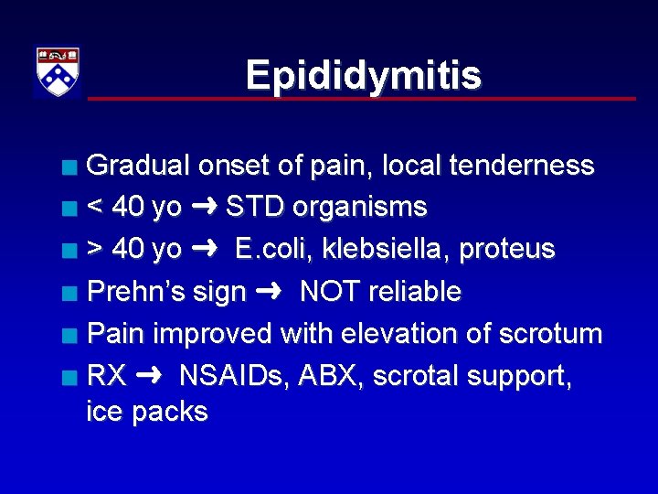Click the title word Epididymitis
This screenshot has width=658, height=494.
coord(363,75)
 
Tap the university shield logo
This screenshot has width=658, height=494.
coord(58,72)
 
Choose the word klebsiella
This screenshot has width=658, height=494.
coord(387,249)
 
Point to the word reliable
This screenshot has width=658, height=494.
coord(417,292)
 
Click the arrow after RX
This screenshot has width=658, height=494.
coord(150,376)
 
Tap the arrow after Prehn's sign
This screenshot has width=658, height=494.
coord(271,292)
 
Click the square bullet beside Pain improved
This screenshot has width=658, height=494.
coord(69,335)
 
